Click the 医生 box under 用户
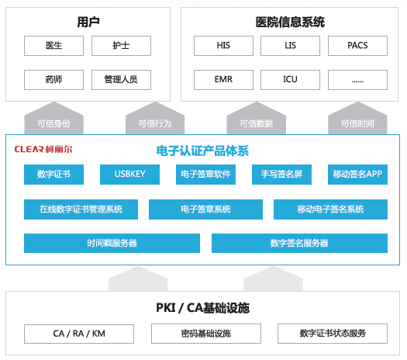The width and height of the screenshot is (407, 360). pos(53,46)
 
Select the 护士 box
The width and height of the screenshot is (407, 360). pos(121,46)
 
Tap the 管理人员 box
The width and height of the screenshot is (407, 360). pos(121,80)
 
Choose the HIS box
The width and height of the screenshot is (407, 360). pos(223,46)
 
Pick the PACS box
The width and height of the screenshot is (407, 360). pos(357,46)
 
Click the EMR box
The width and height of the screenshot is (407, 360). pos(223,80)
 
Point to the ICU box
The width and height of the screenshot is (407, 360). pos(290,80)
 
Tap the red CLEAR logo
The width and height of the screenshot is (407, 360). pos(43,149)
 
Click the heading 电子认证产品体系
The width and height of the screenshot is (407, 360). pos(202,151)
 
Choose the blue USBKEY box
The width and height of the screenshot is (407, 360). pos(129,175)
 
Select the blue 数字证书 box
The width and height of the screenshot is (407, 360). pos(53,175)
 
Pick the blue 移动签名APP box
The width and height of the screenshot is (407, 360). pos(357,175)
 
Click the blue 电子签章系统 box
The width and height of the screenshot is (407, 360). pos(206,209)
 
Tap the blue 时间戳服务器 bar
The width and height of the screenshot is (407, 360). pos(112,243)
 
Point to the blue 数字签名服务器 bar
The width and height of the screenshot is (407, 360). pos(299,243)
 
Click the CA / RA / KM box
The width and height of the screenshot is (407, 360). pos(79,334)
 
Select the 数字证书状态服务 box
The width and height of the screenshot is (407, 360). pos(333,334)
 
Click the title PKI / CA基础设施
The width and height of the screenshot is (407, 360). pos(202,308)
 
